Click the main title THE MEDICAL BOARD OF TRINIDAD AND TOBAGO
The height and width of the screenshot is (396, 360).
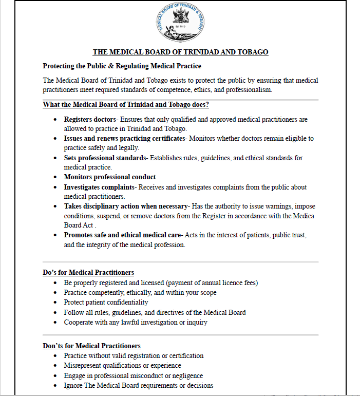180,52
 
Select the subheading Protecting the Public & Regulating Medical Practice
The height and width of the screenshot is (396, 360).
122,66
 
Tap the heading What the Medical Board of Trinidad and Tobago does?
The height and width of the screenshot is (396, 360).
125,105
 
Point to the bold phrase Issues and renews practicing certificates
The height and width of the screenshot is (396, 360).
124,139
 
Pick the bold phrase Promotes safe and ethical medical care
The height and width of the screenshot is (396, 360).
123,235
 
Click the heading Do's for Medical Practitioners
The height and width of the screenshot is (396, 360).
88,272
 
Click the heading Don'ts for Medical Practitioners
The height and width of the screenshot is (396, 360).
91,346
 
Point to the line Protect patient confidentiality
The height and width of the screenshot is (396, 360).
106,303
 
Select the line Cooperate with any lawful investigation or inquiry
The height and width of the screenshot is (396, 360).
136,322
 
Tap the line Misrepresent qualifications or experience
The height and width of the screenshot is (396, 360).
122,365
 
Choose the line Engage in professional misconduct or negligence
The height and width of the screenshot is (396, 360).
133,375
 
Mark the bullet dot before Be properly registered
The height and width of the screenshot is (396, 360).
55,283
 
